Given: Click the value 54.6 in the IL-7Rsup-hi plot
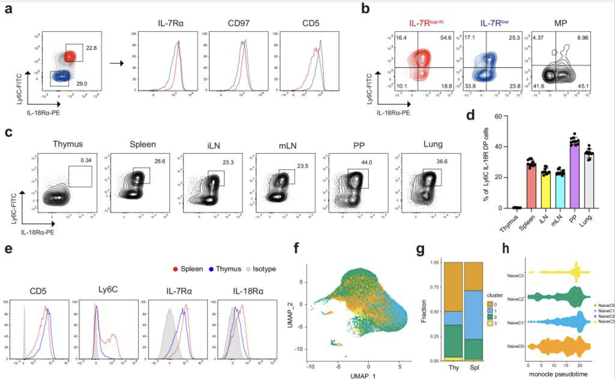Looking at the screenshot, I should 446,38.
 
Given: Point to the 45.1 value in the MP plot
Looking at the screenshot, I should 583,86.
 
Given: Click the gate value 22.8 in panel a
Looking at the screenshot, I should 91,48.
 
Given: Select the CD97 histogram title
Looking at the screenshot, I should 238,23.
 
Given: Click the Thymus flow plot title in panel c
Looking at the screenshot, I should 68,144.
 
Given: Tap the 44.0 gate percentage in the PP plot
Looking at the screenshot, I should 366,162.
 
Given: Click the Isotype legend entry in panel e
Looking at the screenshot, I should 264,269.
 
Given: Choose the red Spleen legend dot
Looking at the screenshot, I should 175,269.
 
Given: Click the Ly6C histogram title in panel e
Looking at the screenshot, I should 108,290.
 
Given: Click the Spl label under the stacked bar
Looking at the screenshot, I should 474,368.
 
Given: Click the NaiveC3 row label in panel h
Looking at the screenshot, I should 515,275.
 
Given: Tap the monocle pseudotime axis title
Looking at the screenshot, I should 558,374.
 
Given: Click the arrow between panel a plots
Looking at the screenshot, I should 117,63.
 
